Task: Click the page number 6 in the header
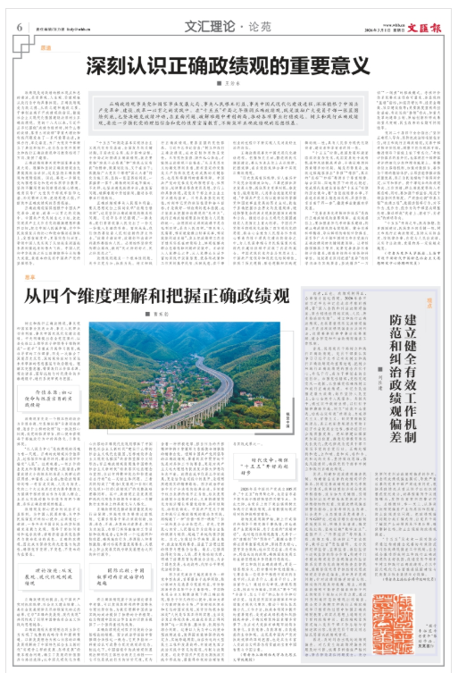tap(18, 26)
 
